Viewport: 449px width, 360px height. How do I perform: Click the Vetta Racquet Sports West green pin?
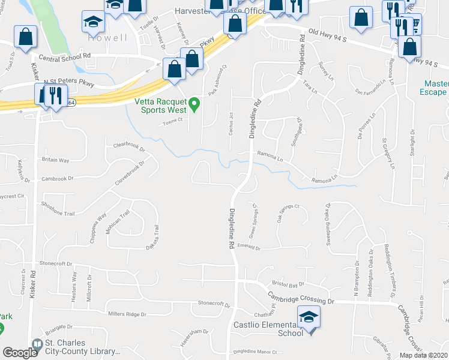194,105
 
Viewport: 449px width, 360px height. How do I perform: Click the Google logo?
20,353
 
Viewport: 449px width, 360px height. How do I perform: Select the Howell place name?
108,38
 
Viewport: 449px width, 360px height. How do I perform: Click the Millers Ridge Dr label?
127,314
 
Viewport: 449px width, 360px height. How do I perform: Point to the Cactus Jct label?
231,123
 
